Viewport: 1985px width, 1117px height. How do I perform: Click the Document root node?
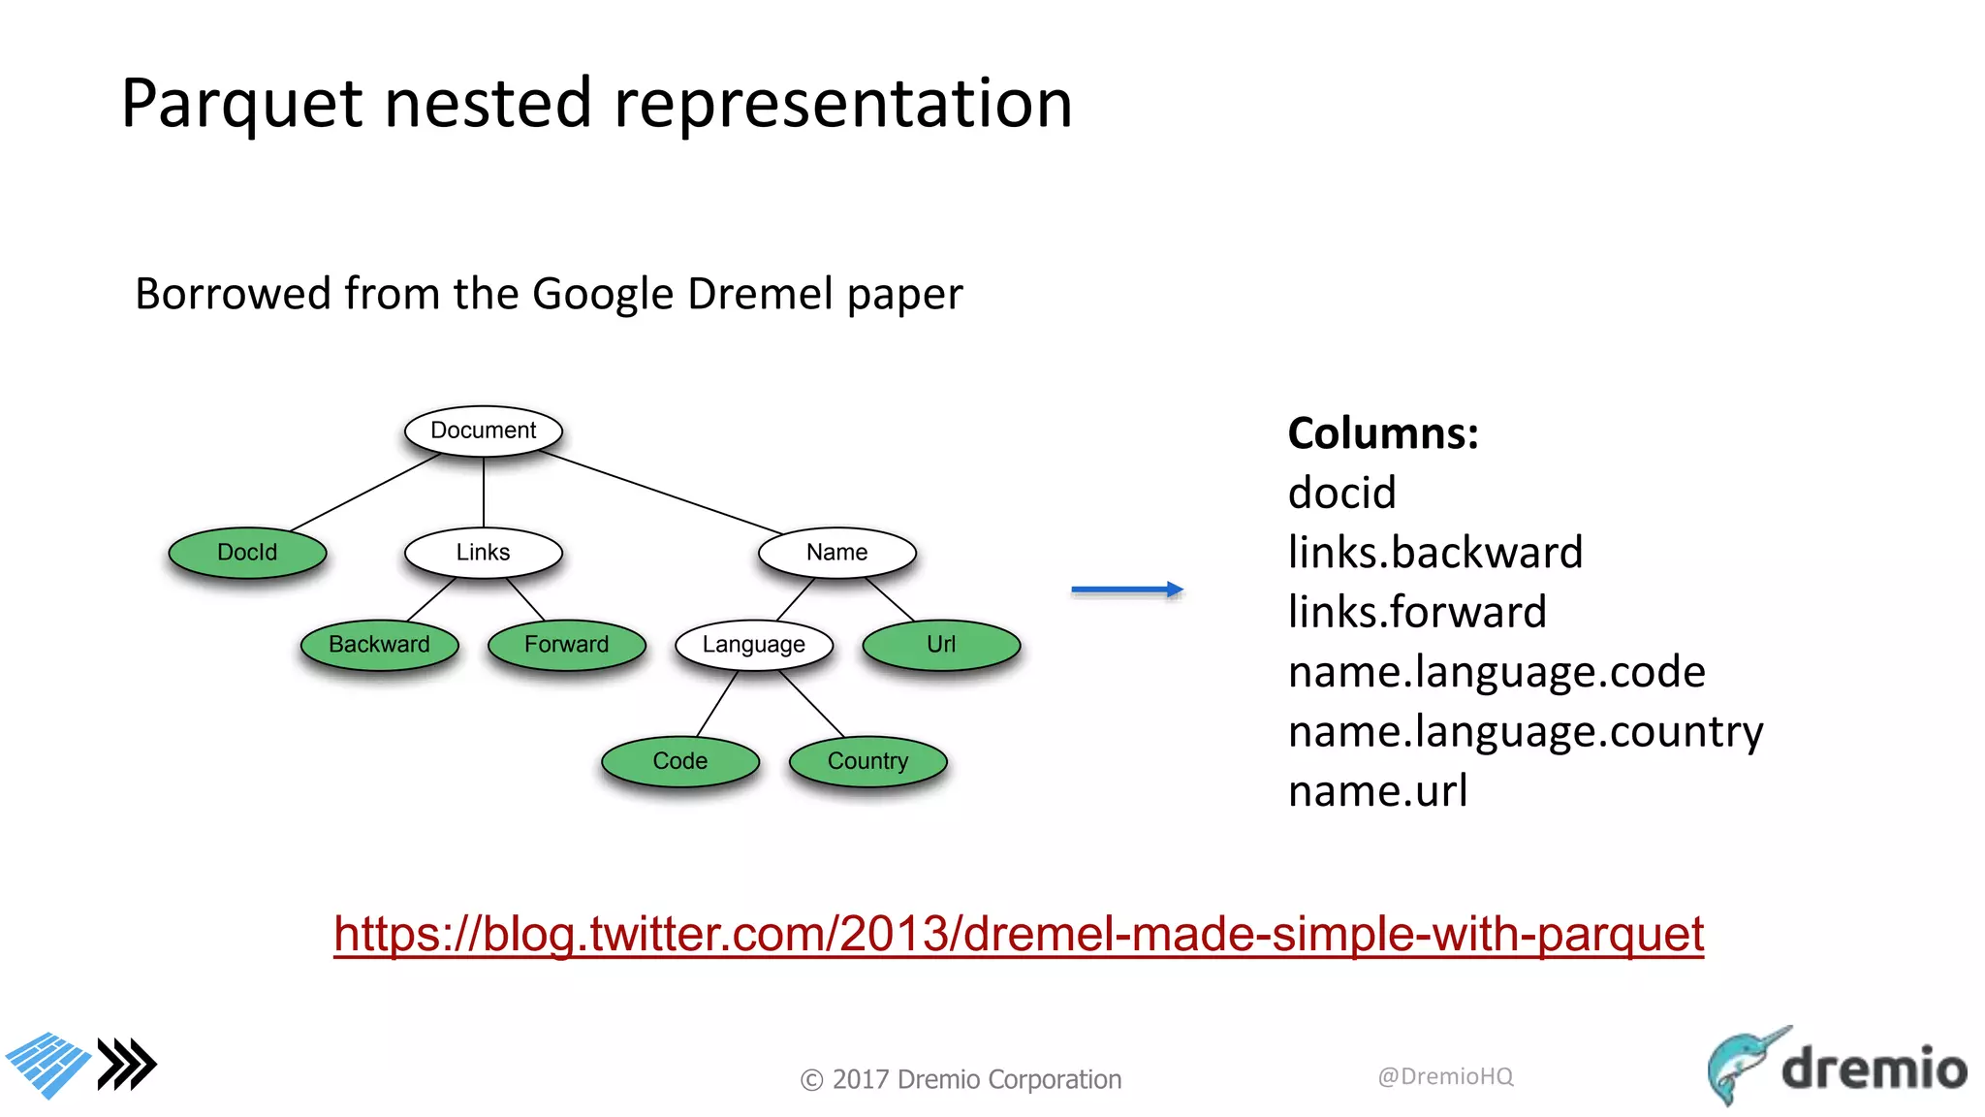coord(483,431)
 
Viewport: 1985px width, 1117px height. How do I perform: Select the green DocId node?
coord(247,553)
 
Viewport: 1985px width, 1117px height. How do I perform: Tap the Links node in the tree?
coord(483,553)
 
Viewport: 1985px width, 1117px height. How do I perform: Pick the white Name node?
coord(836,553)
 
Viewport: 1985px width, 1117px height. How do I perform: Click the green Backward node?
coord(379,645)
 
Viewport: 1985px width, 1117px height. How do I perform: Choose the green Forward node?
coord(566,645)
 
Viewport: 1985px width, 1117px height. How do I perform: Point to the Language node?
coord(753,645)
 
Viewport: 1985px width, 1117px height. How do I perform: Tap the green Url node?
coord(940,645)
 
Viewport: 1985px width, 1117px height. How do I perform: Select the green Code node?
coord(679,761)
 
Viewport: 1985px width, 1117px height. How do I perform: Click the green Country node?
coord(867,761)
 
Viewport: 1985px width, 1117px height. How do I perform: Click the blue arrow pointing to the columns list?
coord(1126,590)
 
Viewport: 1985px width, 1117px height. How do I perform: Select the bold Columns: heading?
coord(1383,433)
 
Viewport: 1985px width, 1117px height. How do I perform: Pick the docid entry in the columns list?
coord(1341,494)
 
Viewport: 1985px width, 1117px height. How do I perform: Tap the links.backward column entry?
coord(1434,553)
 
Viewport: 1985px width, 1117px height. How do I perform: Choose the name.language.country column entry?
coord(1526,732)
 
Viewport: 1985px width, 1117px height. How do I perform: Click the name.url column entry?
coord(1377,791)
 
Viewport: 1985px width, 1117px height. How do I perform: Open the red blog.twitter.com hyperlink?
coord(1018,934)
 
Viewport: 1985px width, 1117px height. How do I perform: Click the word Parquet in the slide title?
coord(241,104)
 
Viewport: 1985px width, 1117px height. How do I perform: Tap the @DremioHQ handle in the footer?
coord(1445,1076)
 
